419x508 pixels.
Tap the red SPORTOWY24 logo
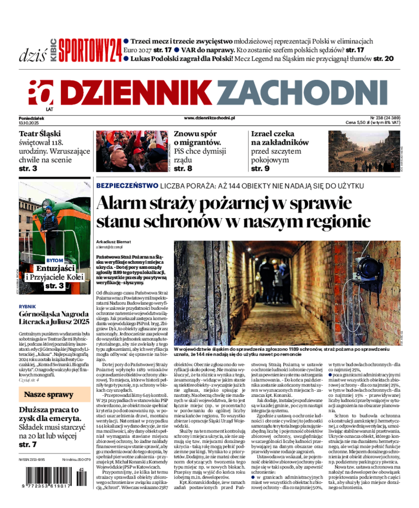[90, 51]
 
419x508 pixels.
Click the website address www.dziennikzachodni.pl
[210, 118]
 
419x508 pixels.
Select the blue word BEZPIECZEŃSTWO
[127, 186]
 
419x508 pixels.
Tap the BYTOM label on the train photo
[54, 261]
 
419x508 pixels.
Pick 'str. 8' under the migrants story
[183, 168]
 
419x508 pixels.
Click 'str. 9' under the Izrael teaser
[260, 168]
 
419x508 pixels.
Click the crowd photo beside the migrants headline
[131, 151]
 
